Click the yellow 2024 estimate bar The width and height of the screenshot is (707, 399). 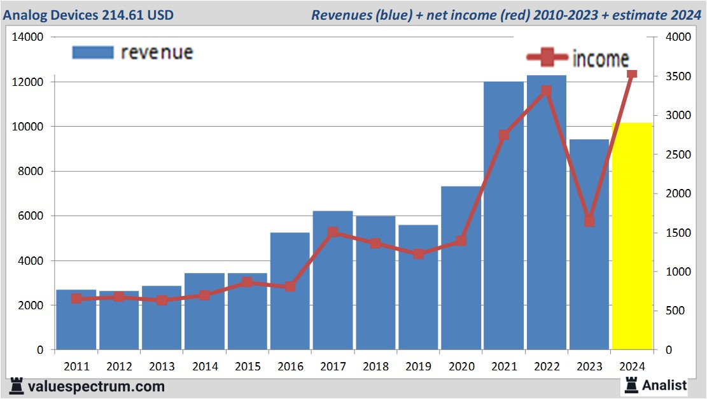click(631, 236)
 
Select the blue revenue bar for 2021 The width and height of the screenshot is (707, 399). click(503, 216)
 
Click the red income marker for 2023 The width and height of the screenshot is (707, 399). click(589, 221)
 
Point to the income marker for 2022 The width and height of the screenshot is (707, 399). click(546, 91)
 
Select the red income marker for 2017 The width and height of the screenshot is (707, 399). click(332, 233)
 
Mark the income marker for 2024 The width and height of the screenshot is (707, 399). click(632, 74)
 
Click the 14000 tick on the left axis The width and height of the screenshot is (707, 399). click(28, 37)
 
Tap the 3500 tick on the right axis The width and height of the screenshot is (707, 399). click(678, 76)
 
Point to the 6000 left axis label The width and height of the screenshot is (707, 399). click(31, 216)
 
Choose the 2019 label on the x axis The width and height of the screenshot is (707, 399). click(417, 367)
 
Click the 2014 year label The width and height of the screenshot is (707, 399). click(204, 367)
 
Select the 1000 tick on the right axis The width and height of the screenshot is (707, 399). click(678, 272)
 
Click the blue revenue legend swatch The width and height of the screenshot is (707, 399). click(93, 52)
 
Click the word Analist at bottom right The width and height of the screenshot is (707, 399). click(664, 385)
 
